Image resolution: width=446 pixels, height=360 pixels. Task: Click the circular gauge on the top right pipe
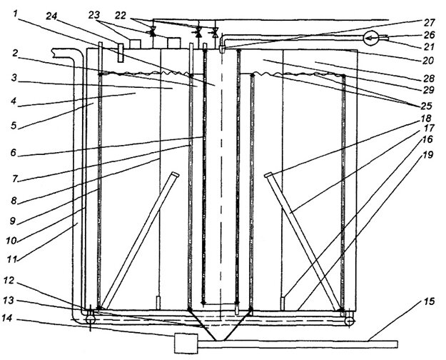pos(368,38)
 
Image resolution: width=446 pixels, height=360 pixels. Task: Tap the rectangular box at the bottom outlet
pos(186,343)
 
